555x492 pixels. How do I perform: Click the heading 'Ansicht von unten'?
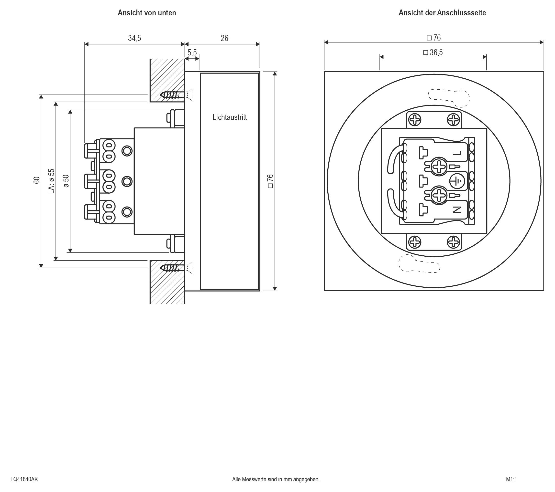point(147,13)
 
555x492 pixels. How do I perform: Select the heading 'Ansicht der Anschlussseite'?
point(442,13)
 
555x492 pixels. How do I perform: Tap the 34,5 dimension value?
point(134,38)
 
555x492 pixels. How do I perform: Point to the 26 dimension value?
point(224,38)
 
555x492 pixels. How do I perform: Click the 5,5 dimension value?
point(192,52)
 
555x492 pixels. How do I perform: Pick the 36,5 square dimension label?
point(433,52)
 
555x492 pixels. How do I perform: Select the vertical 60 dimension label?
point(37,180)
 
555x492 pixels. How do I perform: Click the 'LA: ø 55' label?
point(51,181)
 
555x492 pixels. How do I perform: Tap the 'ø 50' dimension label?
point(66,181)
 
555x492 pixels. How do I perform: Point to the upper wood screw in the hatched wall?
point(174,95)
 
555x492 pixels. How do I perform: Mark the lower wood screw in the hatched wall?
point(174,268)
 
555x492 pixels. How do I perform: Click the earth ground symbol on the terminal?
point(457,181)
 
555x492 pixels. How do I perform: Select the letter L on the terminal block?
point(457,154)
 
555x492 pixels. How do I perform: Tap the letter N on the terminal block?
point(457,209)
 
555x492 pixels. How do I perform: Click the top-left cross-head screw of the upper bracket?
point(415,120)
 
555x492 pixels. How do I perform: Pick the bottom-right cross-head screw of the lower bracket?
point(453,242)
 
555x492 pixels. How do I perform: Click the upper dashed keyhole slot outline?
point(449,98)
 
